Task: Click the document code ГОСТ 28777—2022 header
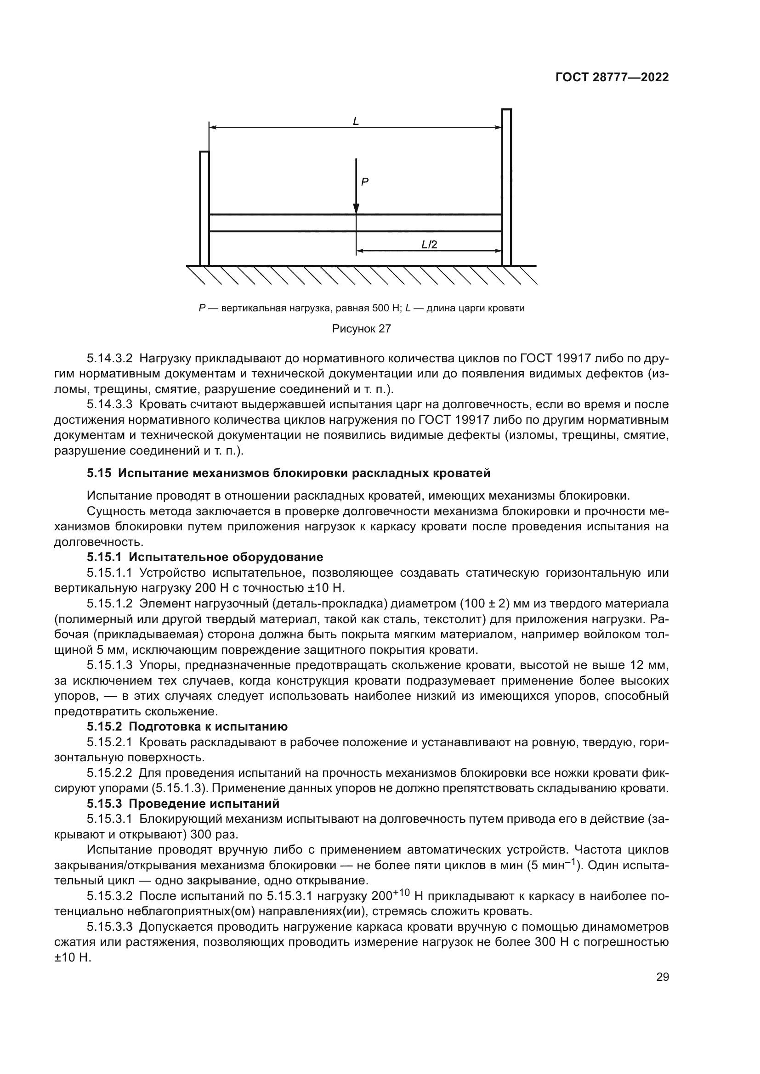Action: point(612,77)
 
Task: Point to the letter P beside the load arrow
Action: point(365,182)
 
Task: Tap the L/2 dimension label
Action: point(429,244)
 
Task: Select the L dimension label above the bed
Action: point(356,121)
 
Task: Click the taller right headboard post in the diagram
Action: point(506,187)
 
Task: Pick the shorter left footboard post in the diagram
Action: point(204,208)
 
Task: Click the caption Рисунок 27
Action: point(361,329)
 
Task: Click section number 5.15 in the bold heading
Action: point(99,473)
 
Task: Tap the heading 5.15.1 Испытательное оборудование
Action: point(204,557)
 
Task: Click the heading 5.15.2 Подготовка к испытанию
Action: point(187,726)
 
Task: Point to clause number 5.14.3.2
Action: point(109,359)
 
